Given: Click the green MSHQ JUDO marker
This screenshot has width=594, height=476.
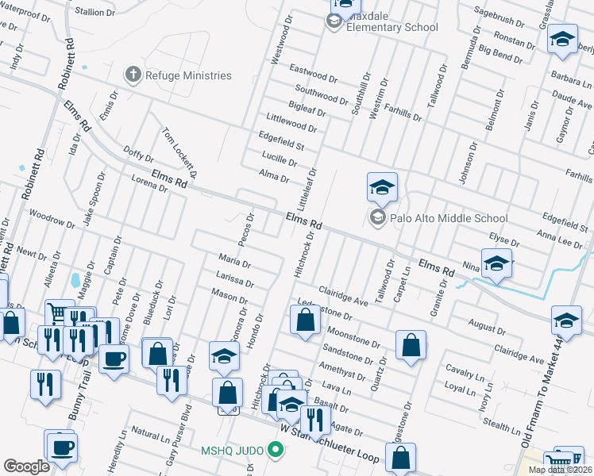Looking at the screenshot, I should (276, 451).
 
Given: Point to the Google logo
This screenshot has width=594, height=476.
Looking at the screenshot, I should (26, 466).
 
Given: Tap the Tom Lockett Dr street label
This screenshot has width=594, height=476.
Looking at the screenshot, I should (179, 152).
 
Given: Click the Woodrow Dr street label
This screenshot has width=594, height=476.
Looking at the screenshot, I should (51, 218).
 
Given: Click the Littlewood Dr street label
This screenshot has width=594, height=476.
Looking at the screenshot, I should (291, 122).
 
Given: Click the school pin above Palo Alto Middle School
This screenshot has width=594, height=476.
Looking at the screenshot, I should (381, 188).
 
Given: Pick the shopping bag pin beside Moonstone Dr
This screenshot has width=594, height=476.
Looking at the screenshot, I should (410, 346).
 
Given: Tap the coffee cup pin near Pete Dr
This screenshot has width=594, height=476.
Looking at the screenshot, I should (113, 358).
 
